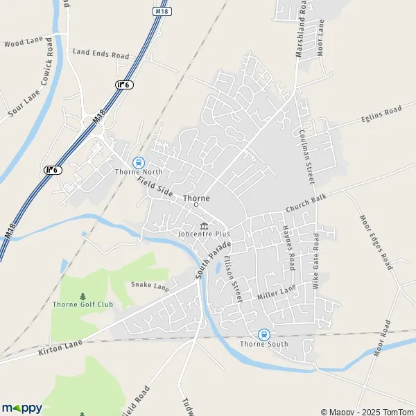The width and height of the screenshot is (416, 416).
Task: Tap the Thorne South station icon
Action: click(x=263, y=334)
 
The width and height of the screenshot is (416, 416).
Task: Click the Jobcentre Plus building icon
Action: click(x=205, y=226)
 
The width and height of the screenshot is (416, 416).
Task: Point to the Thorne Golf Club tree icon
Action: click(x=83, y=295)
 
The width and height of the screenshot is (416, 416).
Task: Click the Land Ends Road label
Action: click(x=101, y=53)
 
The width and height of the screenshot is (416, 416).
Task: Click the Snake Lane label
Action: click(x=150, y=285)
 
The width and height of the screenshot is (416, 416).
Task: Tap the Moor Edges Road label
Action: click(x=375, y=242)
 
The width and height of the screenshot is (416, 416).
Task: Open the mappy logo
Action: click(x=21, y=408)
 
